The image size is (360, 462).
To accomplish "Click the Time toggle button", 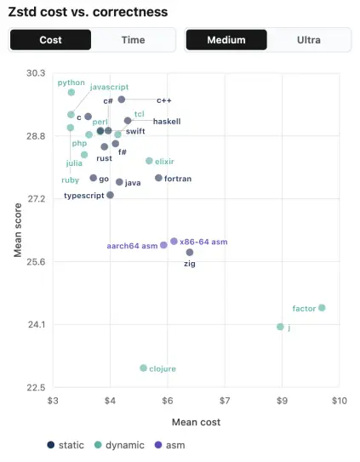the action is [x=134, y=40].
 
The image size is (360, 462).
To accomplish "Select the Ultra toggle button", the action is [x=309, y=40].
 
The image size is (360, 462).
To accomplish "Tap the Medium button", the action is [x=226, y=40].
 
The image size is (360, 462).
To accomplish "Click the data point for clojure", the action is [x=143, y=368].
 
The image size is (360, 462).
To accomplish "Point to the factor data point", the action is [x=322, y=308].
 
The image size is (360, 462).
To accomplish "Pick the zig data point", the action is [x=190, y=252].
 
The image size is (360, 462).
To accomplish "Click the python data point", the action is [x=71, y=92].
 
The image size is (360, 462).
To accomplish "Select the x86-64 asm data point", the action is [x=174, y=242].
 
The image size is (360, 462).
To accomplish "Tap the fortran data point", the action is [x=158, y=178].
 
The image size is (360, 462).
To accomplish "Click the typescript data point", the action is [x=111, y=195].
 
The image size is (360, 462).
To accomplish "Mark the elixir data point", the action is [x=149, y=161].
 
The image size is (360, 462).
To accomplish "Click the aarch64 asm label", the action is [x=132, y=246].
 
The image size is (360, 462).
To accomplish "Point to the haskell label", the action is [x=167, y=121].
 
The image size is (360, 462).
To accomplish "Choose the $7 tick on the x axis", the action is [x=225, y=401].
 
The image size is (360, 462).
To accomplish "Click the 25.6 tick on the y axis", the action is [x=36, y=262].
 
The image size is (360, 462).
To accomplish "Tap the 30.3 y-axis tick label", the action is [x=36, y=73].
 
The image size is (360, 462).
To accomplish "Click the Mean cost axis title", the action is [x=196, y=422].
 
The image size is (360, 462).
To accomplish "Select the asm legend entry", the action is [x=170, y=445].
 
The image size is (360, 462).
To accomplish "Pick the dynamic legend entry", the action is [x=119, y=445].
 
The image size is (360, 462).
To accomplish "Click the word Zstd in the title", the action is [x=22, y=12].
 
